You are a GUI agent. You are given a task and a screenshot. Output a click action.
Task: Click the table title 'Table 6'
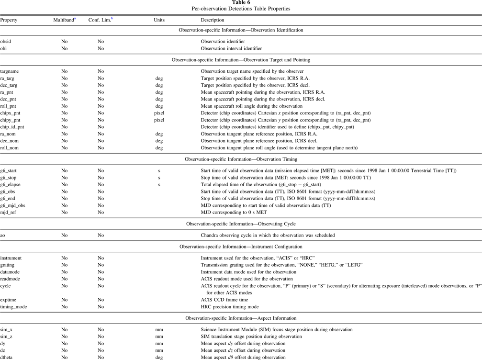(x=241, y=2)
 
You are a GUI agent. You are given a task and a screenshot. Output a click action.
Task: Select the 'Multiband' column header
(x=64, y=20)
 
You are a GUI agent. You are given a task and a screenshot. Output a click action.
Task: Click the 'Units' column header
(x=159, y=20)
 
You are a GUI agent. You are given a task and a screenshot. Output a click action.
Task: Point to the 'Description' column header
(x=212, y=20)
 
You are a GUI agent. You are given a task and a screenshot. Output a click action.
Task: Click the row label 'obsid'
(x=6, y=42)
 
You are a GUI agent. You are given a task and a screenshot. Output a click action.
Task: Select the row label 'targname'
(x=10, y=71)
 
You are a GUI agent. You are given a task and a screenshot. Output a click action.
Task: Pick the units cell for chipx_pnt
(x=159, y=113)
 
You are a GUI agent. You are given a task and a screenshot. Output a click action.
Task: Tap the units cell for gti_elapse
(x=159, y=184)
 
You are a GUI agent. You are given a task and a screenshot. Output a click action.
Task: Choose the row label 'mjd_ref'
(x=10, y=212)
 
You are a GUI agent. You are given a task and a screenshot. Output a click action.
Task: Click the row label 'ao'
(x=3, y=235)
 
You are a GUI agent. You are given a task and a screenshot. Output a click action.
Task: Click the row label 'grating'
(x=8, y=265)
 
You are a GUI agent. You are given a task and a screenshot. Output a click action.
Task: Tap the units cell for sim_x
(x=159, y=330)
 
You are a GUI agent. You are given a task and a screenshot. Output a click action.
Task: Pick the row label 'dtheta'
(x=7, y=357)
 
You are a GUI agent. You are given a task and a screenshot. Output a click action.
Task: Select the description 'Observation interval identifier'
(x=231, y=48)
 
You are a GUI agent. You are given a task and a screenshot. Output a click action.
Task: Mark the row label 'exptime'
(x=9, y=300)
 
